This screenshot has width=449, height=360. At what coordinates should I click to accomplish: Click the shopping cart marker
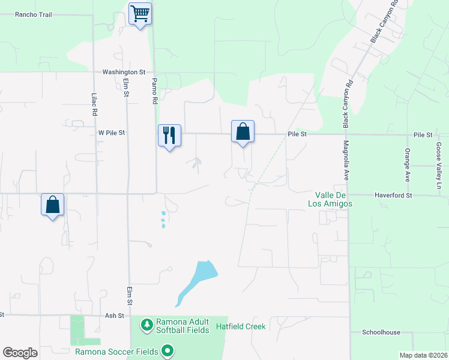[140, 13]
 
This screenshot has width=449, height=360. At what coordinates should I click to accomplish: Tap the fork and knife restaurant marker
[169, 136]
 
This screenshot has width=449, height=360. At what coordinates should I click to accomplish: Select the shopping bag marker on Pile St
[243, 131]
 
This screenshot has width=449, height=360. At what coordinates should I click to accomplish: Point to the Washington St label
[124, 72]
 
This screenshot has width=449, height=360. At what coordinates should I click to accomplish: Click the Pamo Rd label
[154, 91]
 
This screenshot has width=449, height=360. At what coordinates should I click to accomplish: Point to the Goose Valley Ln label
[439, 158]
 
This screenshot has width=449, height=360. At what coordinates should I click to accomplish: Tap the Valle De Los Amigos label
[333, 199]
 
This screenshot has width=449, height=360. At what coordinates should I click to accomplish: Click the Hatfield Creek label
[241, 327]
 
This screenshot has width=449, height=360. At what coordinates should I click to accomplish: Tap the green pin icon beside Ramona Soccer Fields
[167, 351]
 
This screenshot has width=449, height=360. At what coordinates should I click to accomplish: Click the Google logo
[20, 353]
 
